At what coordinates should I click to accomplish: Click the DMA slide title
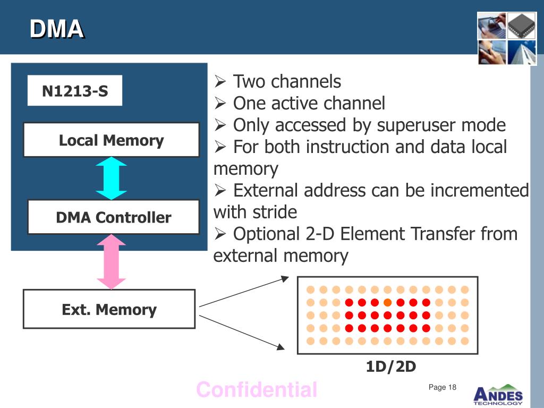pyautogui.click(x=56, y=29)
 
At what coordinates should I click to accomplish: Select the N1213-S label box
pyautogui.click(x=75, y=90)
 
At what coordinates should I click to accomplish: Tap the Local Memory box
pyautogui.click(x=112, y=140)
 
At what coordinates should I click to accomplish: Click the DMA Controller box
pyautogui.click(x=114, y=217)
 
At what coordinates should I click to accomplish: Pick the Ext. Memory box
pyautogui.click(x=109, y=309)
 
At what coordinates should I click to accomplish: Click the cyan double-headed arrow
pyautogui.click(x=112, y=178)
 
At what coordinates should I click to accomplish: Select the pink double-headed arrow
pyautogui.click(x=112, y=261)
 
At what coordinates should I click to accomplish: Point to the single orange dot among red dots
pyautogui.click(x=387, y=302)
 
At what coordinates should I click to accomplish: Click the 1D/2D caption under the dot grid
pyautogui.click(x=391, y=367)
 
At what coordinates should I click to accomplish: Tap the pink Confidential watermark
pyautogui.click(x=257, y=389)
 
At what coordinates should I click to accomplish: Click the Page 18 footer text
pyautogui.click(x=443, y=387)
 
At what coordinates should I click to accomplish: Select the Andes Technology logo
pyautogui.click(x=498, y=395)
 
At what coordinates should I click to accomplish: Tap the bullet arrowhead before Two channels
pyautogui.click(x=220, y=81)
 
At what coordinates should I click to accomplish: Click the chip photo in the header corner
pyautogui.click(x=522, y=25)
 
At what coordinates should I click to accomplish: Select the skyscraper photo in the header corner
pyautogui.click(x=522, y=53)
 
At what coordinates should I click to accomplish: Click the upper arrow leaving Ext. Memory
pyautogui.click(x=244, y=292)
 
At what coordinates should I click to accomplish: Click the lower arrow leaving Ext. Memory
pyautogui.click(x=242, y=333)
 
